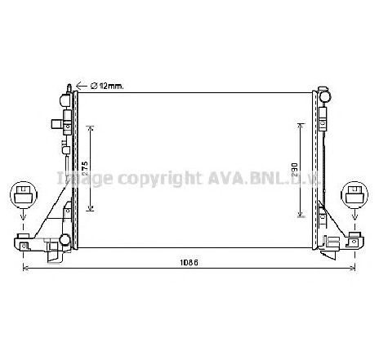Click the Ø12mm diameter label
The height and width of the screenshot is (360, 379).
(107, 85)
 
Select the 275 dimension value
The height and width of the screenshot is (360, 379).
(85, 167)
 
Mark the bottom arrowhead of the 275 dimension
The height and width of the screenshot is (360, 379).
(91, 207)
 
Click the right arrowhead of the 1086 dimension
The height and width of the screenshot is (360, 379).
(356, 269)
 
